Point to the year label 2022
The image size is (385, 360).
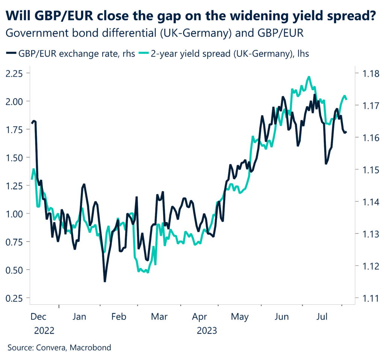click(x=44, y=331)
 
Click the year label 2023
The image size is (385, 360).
click(x=207, y=331)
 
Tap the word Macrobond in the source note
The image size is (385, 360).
click(x=92, y=348)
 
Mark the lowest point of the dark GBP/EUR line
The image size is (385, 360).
click(x=105, y=281)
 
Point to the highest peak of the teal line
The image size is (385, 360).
click(x=309, y=77)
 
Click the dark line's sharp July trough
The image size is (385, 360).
click(x=326, y=164)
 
